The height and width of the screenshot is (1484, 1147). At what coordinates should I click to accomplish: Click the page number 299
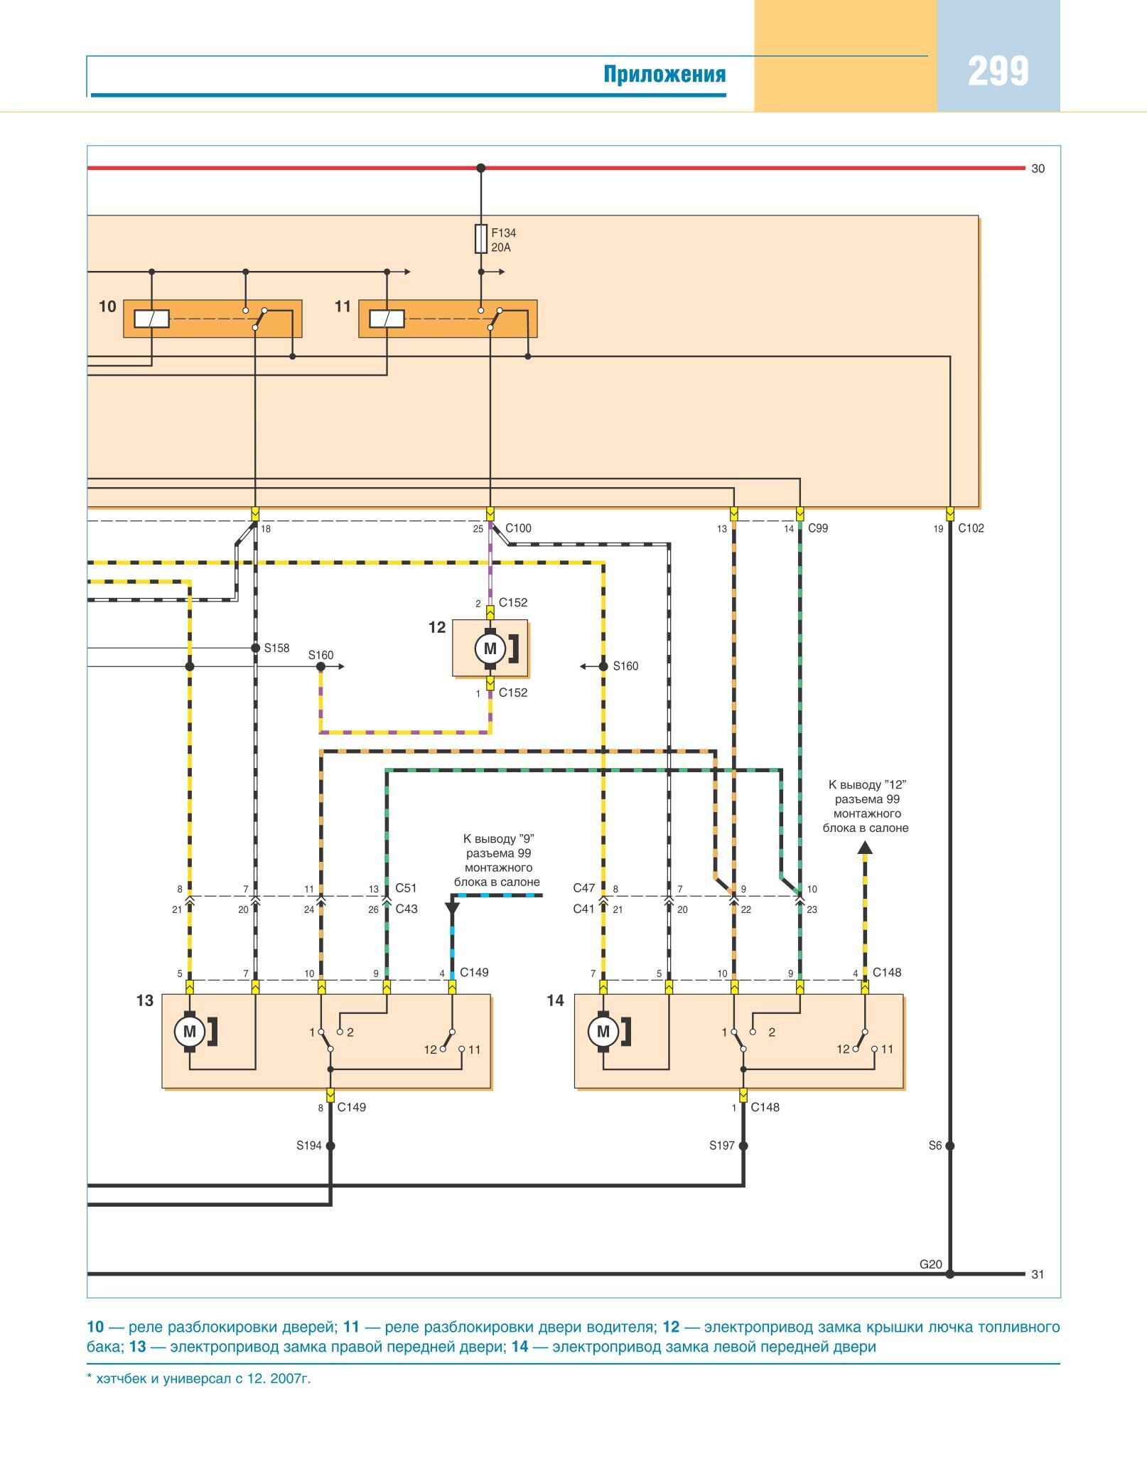coord(998,72)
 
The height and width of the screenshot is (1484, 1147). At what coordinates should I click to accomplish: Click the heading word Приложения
coord(664,74)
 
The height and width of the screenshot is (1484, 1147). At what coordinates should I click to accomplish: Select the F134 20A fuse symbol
coord(481,239)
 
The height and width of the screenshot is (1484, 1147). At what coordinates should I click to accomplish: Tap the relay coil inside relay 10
coord(152,319)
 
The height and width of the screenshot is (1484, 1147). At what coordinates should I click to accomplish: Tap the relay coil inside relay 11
coord(387,319)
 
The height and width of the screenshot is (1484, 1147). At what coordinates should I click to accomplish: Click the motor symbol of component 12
coord(490,648)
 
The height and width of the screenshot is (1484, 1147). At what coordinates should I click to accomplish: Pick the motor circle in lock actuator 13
coord(190,1032)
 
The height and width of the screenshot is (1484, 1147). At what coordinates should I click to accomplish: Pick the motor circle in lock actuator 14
coord(603,1032)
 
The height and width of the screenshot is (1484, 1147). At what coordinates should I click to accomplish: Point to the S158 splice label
coord(276,648)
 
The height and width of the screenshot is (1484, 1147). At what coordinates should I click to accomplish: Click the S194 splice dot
coord(330,1146)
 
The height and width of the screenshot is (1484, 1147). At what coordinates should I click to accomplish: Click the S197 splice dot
coord(743,1146)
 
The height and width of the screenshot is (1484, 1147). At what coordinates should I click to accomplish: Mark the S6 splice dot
coord(950,1146)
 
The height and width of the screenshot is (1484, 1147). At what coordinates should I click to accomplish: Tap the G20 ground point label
coord(930,1264)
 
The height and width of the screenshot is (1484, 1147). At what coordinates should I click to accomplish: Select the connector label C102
coord(971,528)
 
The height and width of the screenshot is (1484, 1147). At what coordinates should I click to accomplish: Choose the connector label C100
coord(518,528)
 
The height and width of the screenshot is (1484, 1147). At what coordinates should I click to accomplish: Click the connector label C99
coord(818,528)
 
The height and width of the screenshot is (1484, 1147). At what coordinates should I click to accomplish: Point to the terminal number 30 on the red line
coord(1038,169)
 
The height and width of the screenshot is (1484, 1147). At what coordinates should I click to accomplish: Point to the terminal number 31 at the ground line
coord(1038,1274)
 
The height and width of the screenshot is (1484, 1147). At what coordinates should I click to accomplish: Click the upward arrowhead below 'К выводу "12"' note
coord(865,848)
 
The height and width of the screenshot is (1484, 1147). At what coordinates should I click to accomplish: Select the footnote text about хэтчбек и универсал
coord(199,1379)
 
